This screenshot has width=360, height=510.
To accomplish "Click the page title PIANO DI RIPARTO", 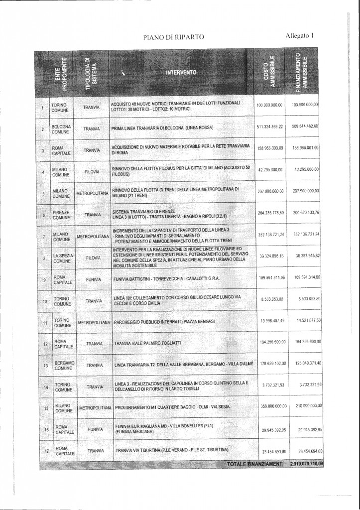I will click(x=173, y=36).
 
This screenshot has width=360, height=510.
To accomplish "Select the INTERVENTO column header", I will click(x=181, y=73).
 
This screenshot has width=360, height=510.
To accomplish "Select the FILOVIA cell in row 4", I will click(x=93, y=171).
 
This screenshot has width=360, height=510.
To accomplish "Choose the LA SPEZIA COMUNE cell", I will click(x=62, y=258).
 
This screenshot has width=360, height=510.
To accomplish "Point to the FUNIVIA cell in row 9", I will click(x=93, y=280).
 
